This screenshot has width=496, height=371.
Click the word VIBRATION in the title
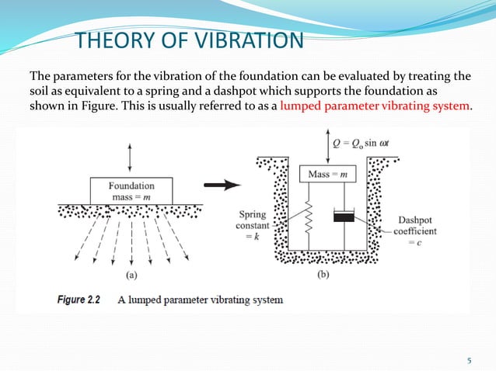click(x=246, y=40)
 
